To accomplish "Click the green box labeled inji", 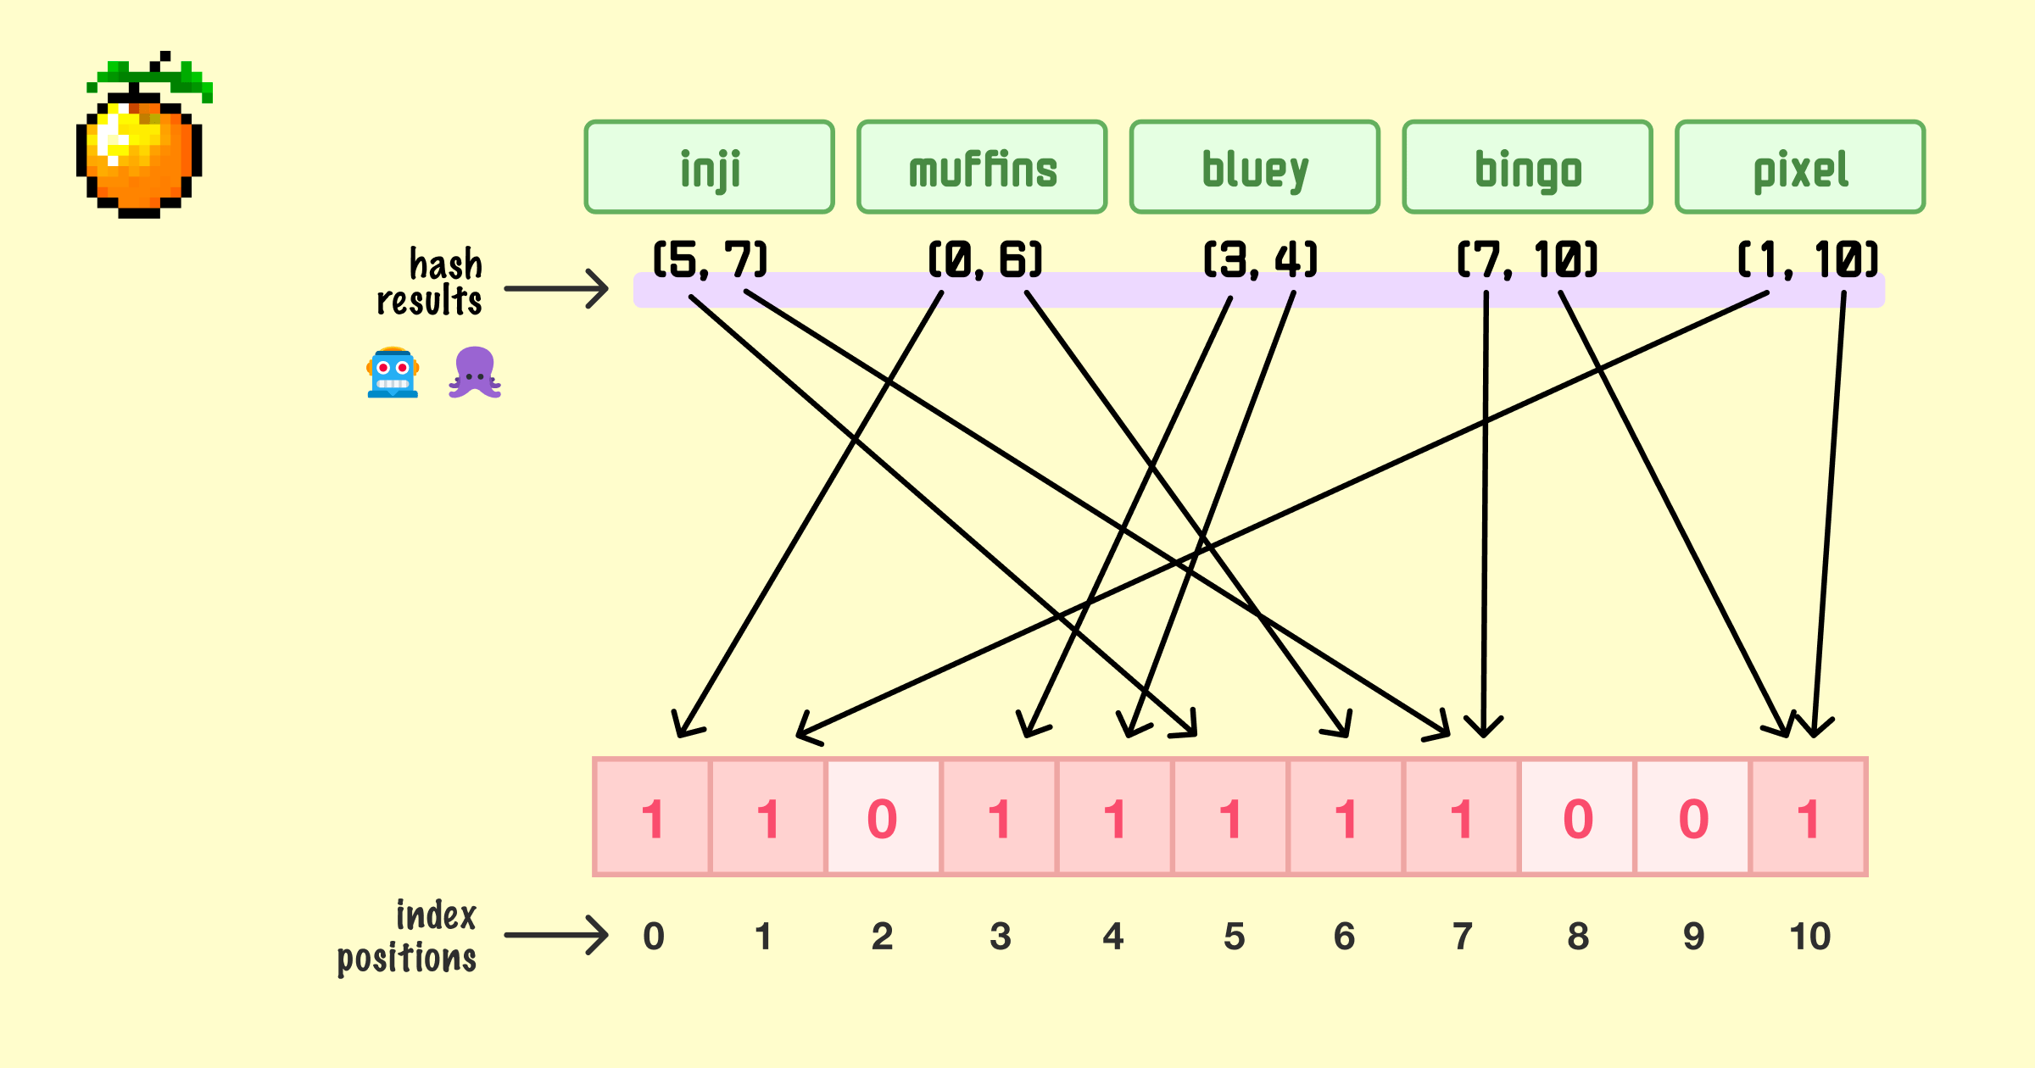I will point(710,167).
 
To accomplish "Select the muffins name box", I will point(982,167).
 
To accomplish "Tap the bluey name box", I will point(1255,167).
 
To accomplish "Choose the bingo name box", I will point(1528,167).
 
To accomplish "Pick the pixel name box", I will point(1800,167).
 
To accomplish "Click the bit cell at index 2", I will point(883,817).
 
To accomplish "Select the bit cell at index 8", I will point(1577,817).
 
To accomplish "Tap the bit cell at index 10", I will point(1809,817).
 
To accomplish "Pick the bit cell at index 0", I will point(652,817).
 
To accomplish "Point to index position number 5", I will point(1234,937).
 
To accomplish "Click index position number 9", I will point(1693,937).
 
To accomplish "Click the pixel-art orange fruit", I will point(142,140).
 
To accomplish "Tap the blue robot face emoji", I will point(393,373).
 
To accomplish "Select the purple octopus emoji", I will point(475,373).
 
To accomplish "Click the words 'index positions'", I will point(409,937).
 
